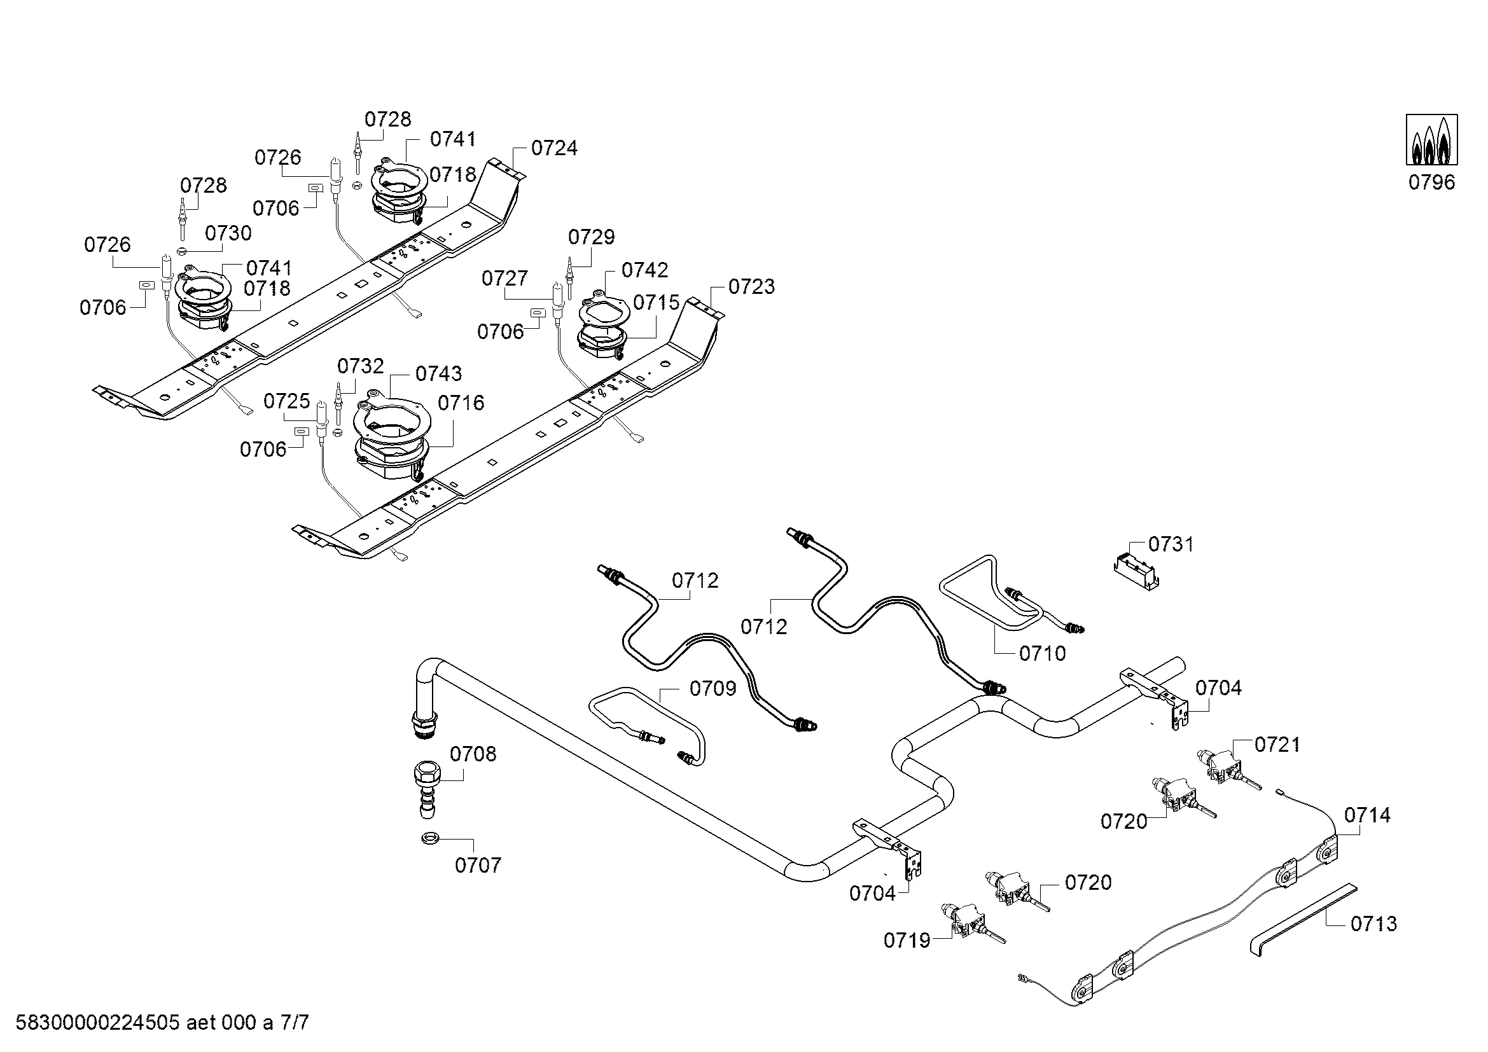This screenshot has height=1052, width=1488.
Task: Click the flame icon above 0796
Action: tap(1431, 140)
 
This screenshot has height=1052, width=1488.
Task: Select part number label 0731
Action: tap(1171, 544)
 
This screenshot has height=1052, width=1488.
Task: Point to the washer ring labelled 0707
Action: tap(428, 839)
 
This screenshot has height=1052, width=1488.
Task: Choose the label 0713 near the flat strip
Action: tap(1373, 924)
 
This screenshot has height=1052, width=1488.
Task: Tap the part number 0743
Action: tap(439, 374)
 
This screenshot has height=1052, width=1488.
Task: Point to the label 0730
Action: tap(228, 233)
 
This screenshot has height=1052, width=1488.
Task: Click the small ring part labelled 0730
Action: tap(182, 251)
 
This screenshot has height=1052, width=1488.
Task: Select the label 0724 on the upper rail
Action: tap(554, 148)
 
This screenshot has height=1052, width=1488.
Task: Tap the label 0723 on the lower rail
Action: tap(751, 287)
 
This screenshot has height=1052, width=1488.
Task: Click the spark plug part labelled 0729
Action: tap(569, 279)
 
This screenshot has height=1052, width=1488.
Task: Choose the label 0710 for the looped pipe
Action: tap(1042, 654)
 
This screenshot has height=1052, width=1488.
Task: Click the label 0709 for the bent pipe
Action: tap(713, 689)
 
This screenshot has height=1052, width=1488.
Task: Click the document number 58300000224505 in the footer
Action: tap(97, 1023)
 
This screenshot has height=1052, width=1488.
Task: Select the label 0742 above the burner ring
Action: tap(644, 270)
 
